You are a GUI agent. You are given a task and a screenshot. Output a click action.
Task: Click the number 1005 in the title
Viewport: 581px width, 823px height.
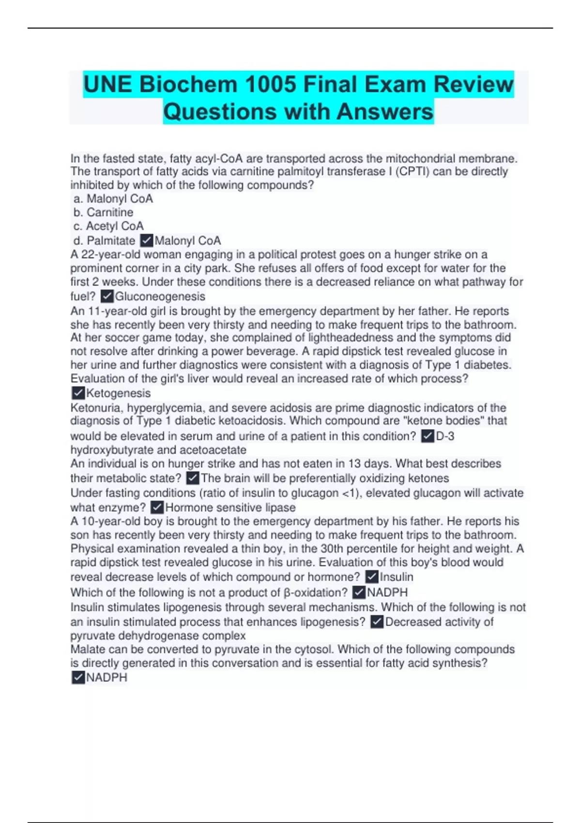[270, 85]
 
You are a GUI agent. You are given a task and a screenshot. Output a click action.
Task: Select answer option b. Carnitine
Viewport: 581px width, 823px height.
[104, 213]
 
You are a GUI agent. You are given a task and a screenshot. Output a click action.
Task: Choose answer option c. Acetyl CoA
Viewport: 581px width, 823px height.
[109, 226]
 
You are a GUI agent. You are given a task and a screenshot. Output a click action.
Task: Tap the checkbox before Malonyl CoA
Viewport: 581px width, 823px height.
[146, 241]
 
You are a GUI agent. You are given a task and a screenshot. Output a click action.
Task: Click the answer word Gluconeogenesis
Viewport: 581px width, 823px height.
[160, 296]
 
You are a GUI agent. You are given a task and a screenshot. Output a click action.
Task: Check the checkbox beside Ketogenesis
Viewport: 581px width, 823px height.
[77, 393]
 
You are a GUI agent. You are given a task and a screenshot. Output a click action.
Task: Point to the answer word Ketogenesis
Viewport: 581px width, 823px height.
[118, 393]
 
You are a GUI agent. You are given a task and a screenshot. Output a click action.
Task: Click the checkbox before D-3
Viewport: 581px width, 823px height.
[428, 437]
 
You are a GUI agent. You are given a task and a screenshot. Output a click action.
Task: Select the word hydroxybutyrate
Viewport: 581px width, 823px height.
[112, 450]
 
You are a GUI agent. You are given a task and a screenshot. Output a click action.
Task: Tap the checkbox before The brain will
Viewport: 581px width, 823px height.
[192, 478]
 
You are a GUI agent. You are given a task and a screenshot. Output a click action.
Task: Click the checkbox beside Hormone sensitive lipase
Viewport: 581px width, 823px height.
[157, 507]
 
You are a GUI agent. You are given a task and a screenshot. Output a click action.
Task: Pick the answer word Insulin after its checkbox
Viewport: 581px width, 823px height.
[397, 577]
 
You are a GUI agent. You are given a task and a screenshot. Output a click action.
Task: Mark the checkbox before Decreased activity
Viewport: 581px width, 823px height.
[377, 622]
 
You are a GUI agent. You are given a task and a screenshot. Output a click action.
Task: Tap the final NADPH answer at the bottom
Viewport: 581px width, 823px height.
[107, 678]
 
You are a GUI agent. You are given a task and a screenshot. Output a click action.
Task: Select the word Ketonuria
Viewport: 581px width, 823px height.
[96, 408]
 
